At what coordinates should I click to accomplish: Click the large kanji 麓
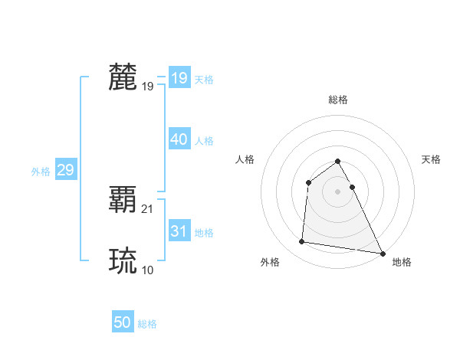[123, 77]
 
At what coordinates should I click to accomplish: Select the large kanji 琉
[123, 261]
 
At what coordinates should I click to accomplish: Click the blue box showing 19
[179, 78]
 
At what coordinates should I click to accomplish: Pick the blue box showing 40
[179, 140]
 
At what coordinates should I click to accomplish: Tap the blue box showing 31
[179, 232]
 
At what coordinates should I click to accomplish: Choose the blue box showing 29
[65, 170]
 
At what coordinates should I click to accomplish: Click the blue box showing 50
[123, 323]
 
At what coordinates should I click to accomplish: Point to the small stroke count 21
[148, 209]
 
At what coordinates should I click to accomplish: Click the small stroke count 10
[148, 270]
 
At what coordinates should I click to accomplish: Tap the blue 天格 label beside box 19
[204, 80]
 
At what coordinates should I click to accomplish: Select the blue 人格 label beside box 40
[204, 141]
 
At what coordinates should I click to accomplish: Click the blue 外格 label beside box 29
[41, 172]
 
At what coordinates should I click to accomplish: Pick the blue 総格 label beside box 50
[147, 324]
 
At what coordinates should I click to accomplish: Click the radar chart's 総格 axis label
[337, 100]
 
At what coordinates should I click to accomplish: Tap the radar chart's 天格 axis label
[432, 159]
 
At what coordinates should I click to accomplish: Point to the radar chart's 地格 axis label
[402, 262]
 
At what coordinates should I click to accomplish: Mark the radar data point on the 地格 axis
[383, 253]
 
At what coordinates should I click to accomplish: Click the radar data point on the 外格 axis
[301, 242]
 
